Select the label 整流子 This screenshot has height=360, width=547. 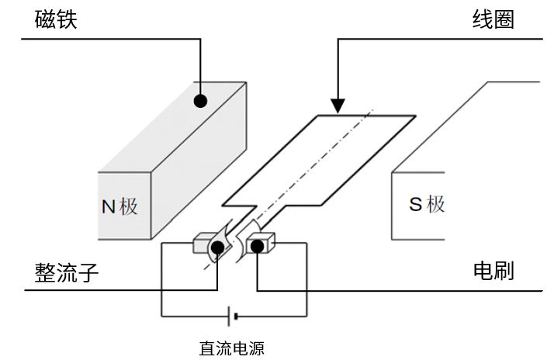tap(67, 273)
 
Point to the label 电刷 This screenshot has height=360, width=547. tap(493, 272)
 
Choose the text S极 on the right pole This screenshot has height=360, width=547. tap(427, 205)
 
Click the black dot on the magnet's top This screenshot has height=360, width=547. tap(201, 100)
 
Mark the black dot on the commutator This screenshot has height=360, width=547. tap(218, 247)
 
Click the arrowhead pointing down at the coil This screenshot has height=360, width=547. tap(338, 106)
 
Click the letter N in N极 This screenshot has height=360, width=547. tap(109, 206)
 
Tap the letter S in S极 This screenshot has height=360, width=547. tap(416, 205)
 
